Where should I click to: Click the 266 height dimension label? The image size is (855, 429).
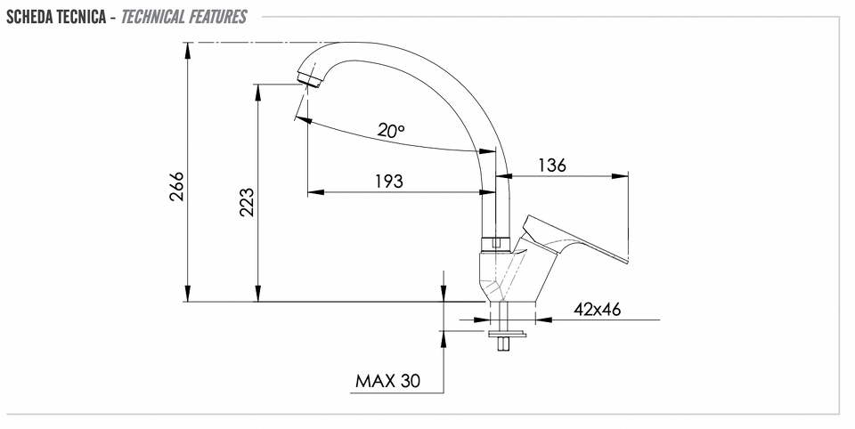point(176,186)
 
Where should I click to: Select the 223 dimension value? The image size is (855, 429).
point(247,202)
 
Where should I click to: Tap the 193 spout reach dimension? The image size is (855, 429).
point(389,181)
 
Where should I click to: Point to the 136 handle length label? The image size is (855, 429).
point(552,165)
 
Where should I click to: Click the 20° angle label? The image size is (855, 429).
point(392,130)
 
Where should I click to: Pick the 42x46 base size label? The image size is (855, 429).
point(597,310)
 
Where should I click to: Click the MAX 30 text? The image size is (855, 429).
point(387,380)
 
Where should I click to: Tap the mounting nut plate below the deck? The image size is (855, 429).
point(507,333)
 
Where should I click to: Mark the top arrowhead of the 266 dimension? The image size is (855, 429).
point(188,50)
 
